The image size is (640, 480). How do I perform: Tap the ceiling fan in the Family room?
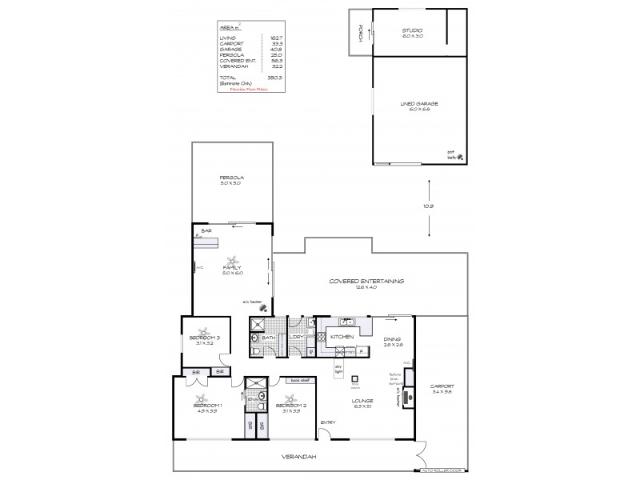(232, 261)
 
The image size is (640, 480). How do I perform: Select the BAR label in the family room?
(206, 230)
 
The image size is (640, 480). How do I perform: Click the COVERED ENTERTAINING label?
(366, 282)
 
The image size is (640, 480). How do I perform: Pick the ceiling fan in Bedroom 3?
(205, 334)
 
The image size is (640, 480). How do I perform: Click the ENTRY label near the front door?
(328, 422)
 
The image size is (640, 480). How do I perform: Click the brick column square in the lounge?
(354, 379)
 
